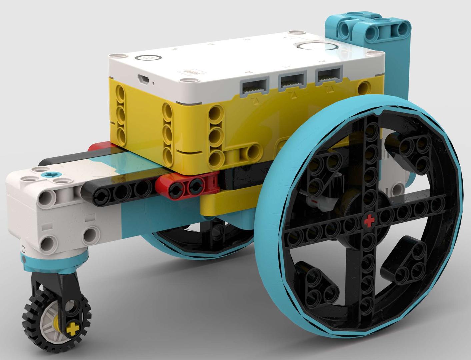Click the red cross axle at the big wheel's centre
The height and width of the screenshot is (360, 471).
[x=369, y=220]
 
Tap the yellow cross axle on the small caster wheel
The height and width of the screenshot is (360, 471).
[x=71, y=329]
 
